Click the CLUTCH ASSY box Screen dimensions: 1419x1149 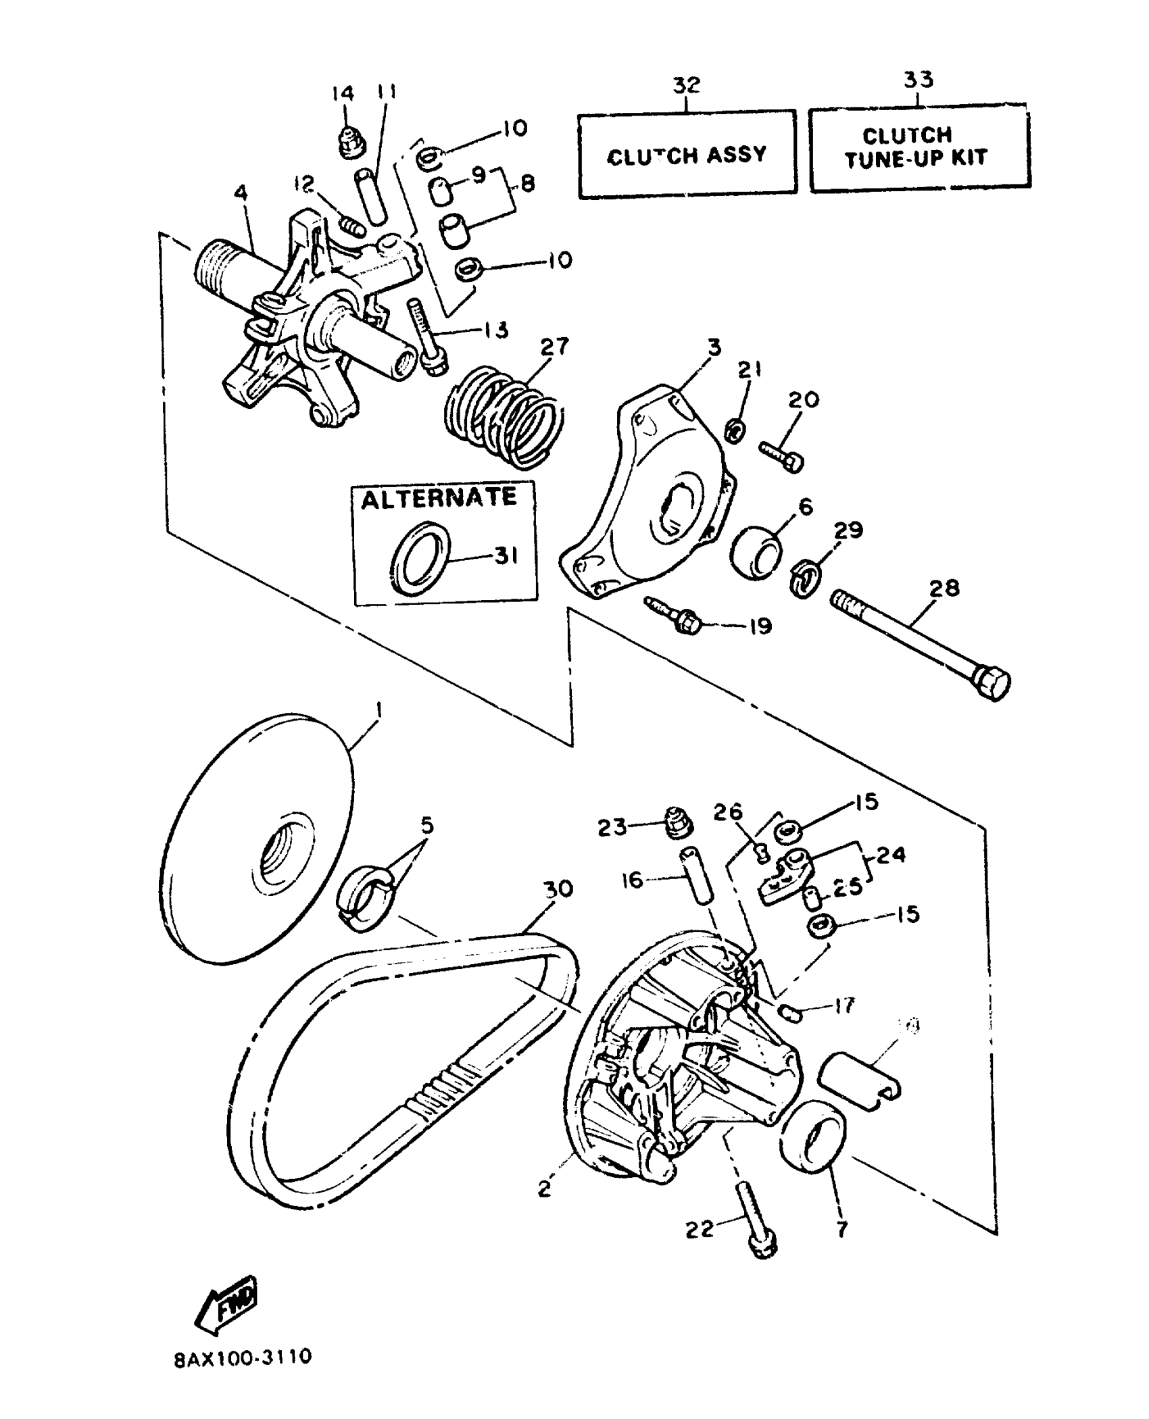(x=687, y=155)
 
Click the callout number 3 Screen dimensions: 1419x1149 (x=714, y=347)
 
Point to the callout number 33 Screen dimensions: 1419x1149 (x=919, y=80)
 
